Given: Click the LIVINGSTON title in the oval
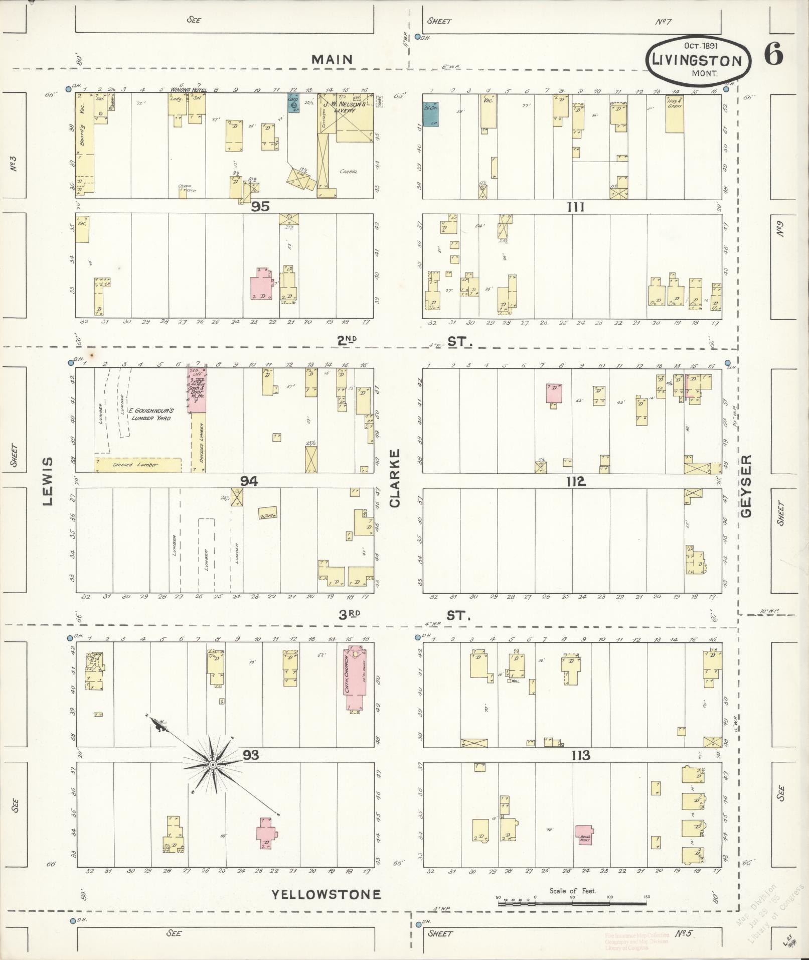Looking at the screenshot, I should coord(697,61).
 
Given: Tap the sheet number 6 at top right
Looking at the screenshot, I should coord(773,54).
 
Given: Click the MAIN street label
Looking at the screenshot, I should coord(332,59).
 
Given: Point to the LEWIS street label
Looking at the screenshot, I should coord(48,481).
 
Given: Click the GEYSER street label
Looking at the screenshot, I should coord(746,486).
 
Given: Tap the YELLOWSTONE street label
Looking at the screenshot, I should coord(327,894).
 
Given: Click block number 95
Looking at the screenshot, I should coord(261,206).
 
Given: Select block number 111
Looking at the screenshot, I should coord(575,207).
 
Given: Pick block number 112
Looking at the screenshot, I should coord(575,482).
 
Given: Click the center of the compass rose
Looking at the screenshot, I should coord(213,764).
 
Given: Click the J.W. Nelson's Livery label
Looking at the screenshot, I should coord(346,107).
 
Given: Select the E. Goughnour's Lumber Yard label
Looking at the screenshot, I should coord(150,414).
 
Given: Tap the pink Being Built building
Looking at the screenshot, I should coord(584,835).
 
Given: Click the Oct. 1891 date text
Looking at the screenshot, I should coord(701,45).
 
